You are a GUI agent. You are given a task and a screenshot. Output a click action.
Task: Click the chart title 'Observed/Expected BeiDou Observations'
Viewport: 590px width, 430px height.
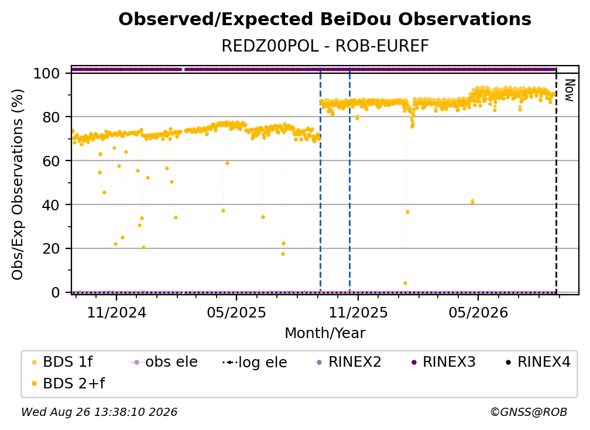coord(325,19)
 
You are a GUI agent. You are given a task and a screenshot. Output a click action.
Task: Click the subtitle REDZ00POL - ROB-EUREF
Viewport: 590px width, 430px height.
coord(325,46)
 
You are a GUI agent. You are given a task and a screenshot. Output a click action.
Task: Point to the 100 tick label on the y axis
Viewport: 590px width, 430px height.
coord(47,73)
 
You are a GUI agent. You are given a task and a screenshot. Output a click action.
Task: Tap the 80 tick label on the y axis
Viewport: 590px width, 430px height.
coord(51,117)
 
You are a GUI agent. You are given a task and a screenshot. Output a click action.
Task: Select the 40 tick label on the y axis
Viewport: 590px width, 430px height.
coord(51,205)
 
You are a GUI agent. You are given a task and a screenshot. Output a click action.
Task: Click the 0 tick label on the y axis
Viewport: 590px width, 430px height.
coord(56,292)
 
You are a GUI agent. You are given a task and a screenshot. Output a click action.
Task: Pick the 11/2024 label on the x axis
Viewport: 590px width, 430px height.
coord(116,312)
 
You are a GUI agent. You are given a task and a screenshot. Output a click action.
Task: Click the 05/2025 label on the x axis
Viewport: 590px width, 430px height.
coord(236,312)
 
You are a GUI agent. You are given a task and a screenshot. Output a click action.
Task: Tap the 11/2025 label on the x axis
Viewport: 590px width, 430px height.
coord(358,312)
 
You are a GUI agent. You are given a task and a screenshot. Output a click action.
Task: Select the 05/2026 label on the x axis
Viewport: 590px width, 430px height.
coord(478,312)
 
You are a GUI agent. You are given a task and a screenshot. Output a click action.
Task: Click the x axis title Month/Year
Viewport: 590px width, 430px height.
coord(325,333)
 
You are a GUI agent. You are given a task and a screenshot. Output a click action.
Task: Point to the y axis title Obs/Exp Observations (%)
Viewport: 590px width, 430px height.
coord(18,185)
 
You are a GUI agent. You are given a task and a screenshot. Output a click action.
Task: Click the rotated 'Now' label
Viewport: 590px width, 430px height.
coord(570,90)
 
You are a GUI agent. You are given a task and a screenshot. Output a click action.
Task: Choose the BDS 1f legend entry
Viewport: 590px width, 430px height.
coord(62,362)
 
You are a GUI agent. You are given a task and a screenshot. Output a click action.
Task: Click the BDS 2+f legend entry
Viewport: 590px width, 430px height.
coord(68,383)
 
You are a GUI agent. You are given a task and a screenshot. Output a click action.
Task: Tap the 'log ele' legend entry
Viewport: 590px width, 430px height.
coord(255,362)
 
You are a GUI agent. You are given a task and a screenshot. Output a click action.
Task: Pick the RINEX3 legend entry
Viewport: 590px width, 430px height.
coord(444,362)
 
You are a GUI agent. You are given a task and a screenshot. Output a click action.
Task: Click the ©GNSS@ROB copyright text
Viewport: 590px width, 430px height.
coord(529,412)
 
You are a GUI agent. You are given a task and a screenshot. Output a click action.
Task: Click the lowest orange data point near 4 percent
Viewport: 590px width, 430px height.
coord(405,283)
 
